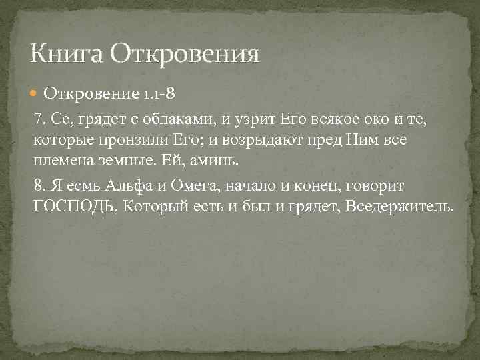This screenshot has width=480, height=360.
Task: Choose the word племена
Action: (64, 162)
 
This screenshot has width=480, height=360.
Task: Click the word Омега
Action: (195, 186)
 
